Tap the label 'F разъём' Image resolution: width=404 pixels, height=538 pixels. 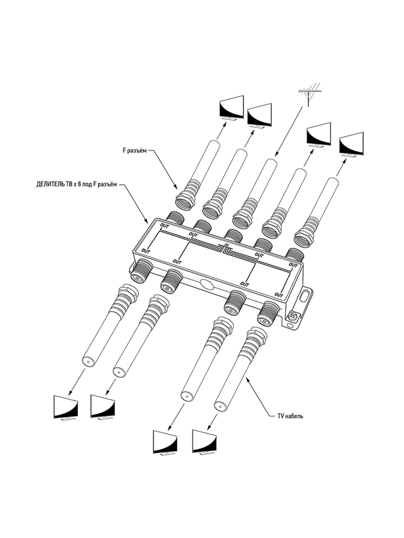click(x=135, y=151)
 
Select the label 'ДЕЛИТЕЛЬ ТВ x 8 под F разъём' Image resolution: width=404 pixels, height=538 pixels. click(x=77, y=185)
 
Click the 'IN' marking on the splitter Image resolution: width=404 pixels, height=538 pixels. click(x=227, y=245)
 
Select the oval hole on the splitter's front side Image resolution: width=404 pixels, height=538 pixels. click(x=206, y=284)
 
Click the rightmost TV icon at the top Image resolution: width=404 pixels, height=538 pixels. click(x=351, y=145)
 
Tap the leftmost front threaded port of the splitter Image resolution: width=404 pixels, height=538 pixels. click(x=142, y=271)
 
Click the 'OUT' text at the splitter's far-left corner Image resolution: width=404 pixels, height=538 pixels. click(x=146, y=252)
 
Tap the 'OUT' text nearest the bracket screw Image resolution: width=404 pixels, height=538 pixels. click(x=279, y=295)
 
